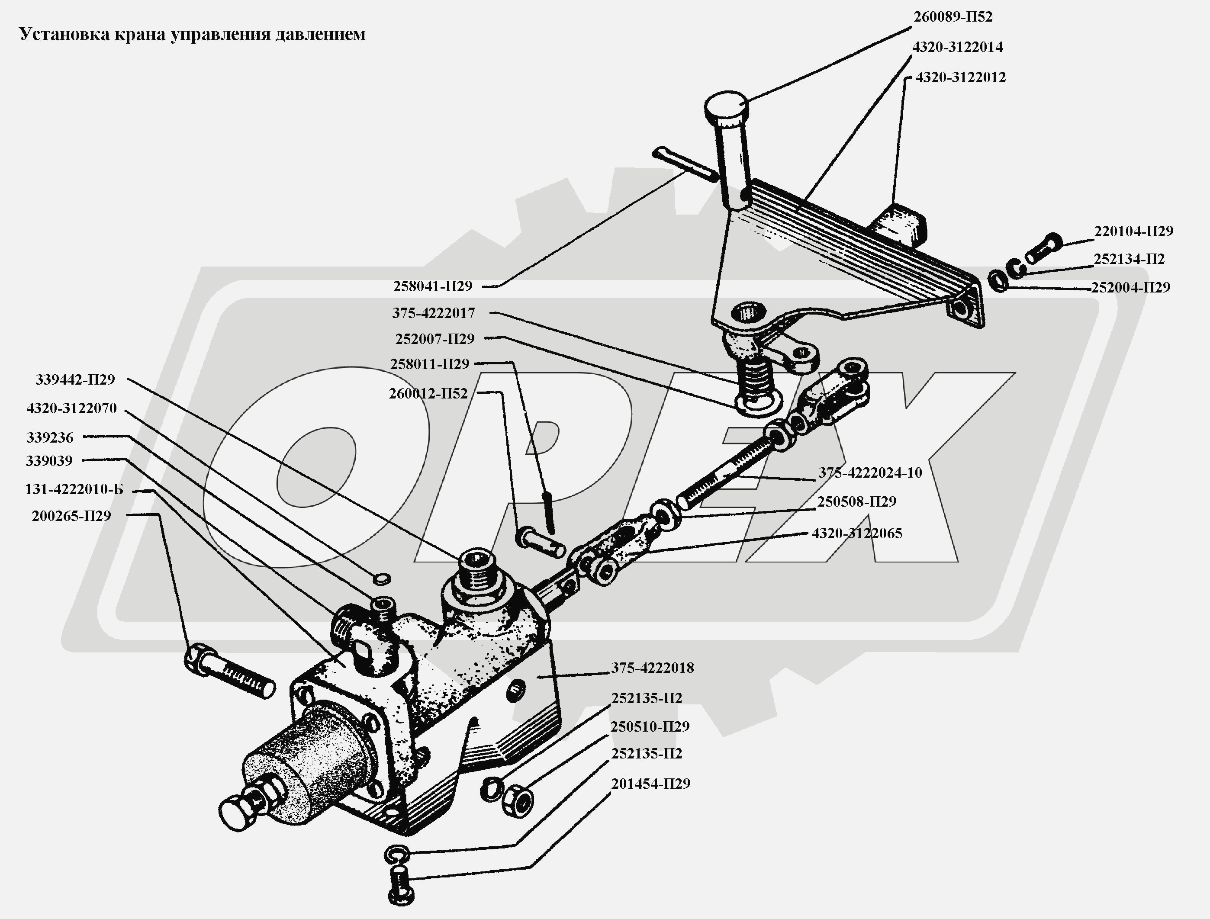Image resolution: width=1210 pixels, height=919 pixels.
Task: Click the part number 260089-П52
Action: tap(953, 17)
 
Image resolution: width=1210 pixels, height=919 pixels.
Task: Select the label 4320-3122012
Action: tap(961, 77)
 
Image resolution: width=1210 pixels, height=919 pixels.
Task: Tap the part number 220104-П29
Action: tap(1133, 231)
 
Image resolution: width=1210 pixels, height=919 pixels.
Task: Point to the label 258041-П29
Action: tap(432, 286)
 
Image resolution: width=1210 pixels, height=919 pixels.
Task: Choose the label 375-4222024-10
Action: tap(870, 472)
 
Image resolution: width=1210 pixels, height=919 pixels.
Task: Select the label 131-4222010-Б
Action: tap(74, 490)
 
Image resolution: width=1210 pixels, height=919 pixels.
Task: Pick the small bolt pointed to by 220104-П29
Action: tap(1043, 248)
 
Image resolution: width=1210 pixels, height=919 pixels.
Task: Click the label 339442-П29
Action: tap(75, 379)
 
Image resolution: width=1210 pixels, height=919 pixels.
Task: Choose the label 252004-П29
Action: tap(1130, 288)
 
